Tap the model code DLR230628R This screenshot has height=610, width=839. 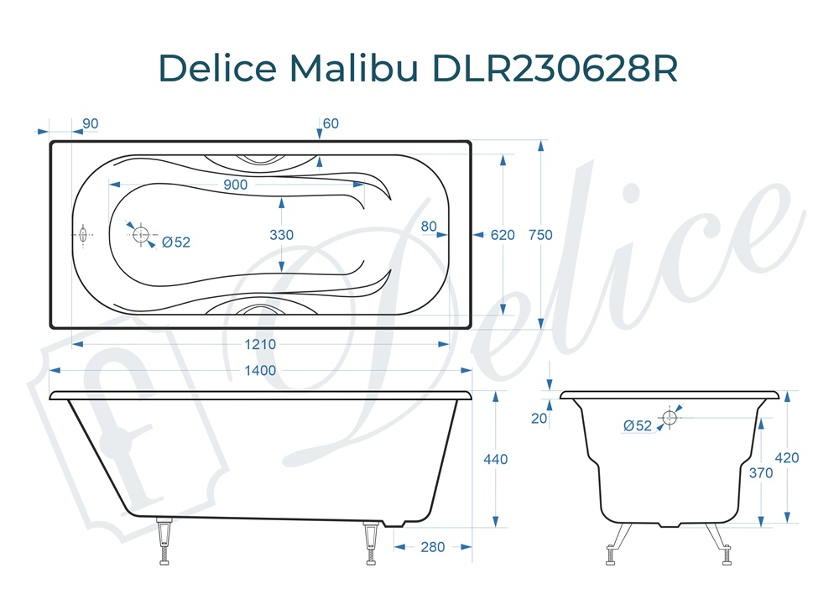[555, 69]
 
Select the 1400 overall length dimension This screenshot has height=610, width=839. [259, 370]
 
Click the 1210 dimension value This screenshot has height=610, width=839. [259, 344]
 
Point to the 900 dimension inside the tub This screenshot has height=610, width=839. [236, 185]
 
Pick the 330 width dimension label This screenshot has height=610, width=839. [282, 235]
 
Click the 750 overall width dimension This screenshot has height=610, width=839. [541, 235]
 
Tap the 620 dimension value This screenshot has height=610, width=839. [503, 235]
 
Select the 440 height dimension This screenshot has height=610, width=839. [496, 459]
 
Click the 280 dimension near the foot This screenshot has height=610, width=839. [432, 547]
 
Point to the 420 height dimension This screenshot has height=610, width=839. [787, 458]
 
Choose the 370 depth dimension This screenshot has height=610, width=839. [761, 472]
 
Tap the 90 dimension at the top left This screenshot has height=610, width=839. [90, 124]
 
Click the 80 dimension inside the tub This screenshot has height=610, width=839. [429, 226]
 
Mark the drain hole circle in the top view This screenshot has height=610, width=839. [141, 234]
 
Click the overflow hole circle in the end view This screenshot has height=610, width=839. [670, 417]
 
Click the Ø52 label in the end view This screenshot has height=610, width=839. [638, 425]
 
